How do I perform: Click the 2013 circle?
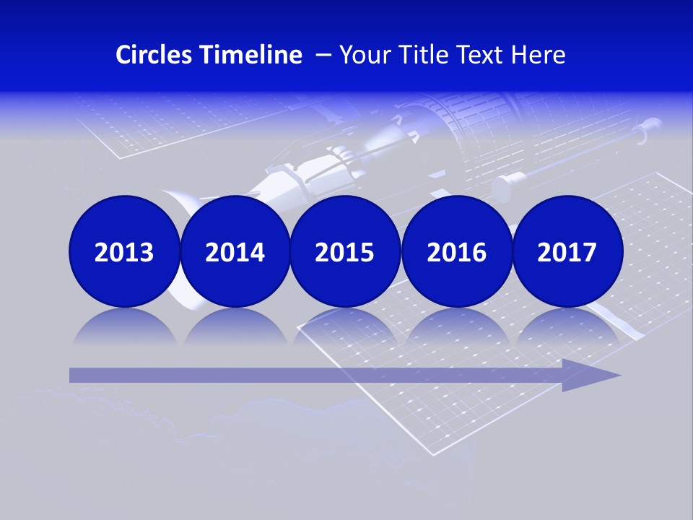pos(124,251)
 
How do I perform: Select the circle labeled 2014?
pos(235,251)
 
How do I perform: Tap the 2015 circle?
pos(345,251)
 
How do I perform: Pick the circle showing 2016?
pos(456,251)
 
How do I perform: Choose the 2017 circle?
pos(567,251)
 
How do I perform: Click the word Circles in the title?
pos(154,55)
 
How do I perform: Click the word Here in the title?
pos(538,55)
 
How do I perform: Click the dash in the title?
pos(323,56)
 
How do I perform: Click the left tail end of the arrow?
pos(73,375)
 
